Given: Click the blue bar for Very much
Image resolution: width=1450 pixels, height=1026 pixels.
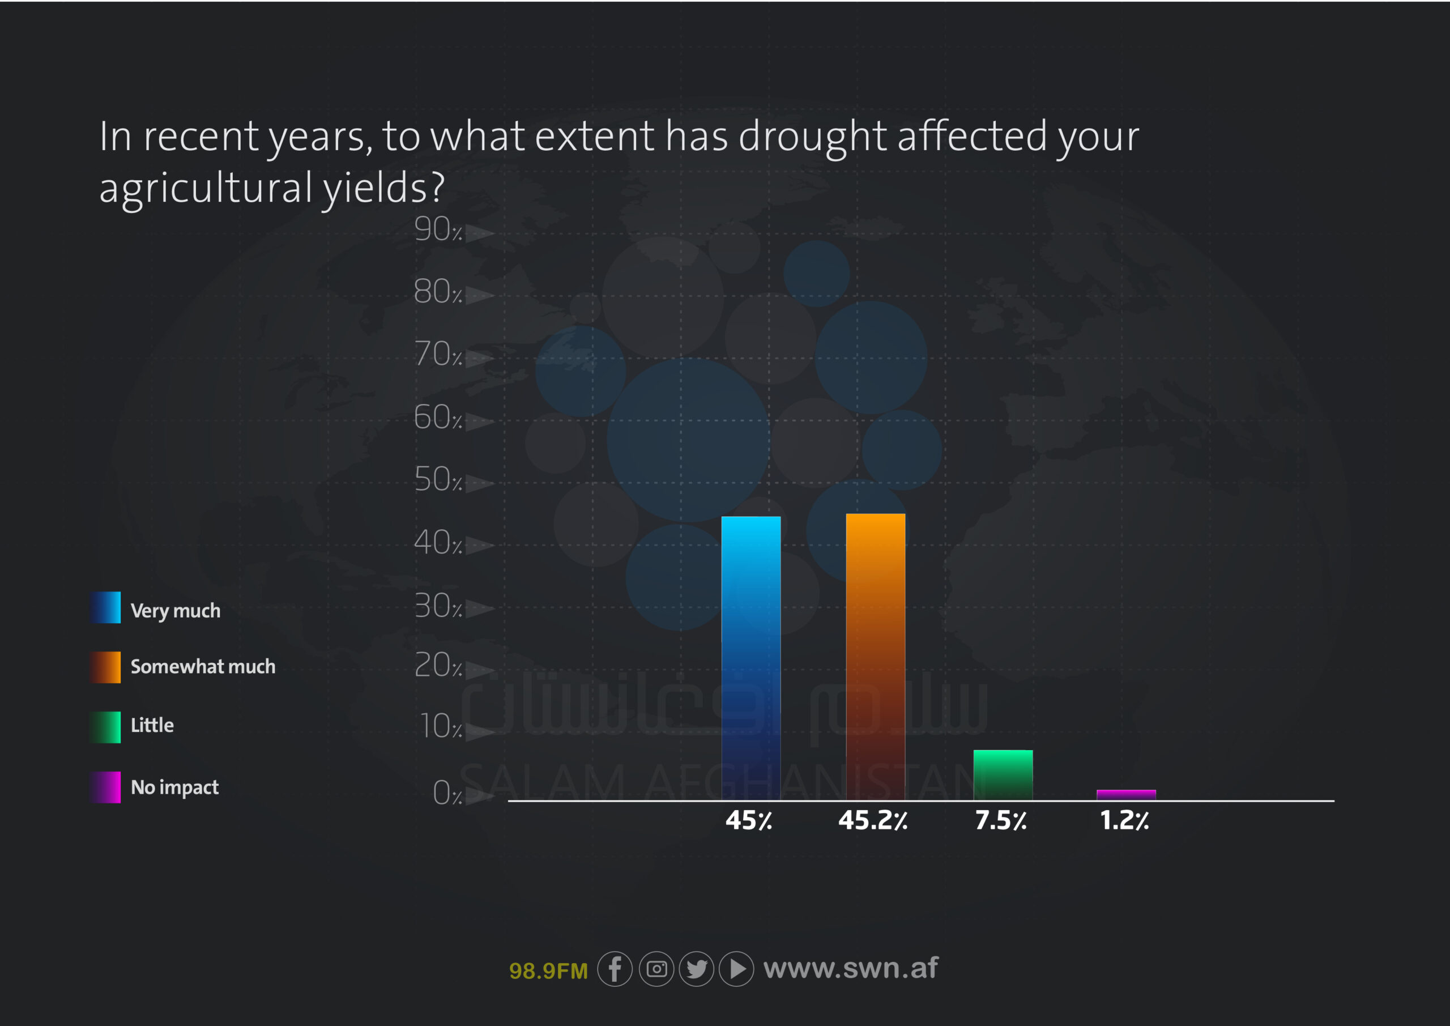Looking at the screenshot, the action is tap(751, 658).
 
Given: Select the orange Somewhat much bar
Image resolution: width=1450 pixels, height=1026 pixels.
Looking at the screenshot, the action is tap(875, 657).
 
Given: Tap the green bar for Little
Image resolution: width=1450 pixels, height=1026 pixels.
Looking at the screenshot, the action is tap(1003, 775).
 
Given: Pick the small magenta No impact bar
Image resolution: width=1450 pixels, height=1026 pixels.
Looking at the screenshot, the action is tap(1126, 795).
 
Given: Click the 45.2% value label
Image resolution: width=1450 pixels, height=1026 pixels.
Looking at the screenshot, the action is tap(873, 820).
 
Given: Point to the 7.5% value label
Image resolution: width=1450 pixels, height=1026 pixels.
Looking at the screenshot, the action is tap(1000, 820).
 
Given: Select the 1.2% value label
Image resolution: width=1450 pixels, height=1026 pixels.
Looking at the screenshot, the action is tap(1124, 820).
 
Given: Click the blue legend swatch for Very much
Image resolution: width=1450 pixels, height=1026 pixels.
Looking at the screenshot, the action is tap(105, 607).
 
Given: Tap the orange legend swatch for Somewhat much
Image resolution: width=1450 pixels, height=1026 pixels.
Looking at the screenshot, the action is tap(105, 667).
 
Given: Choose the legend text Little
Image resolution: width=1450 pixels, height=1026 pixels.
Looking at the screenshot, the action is tap(152, 725).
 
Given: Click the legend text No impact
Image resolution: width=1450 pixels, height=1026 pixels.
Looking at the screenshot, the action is tap(175, 787).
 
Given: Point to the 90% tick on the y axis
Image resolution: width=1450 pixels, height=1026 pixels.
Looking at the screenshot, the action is tap(438, 229).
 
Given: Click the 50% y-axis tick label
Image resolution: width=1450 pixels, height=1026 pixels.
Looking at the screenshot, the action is tap(438, 479).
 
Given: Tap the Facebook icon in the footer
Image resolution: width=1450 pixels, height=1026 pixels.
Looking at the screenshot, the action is tap(615, 969).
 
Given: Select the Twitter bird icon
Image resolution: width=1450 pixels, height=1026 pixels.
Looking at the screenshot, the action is tap(697, 969).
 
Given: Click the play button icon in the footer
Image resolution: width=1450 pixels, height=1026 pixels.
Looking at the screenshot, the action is tap(736, 969).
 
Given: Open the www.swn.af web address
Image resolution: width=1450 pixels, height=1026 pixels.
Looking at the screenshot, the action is tap(851, 968).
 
